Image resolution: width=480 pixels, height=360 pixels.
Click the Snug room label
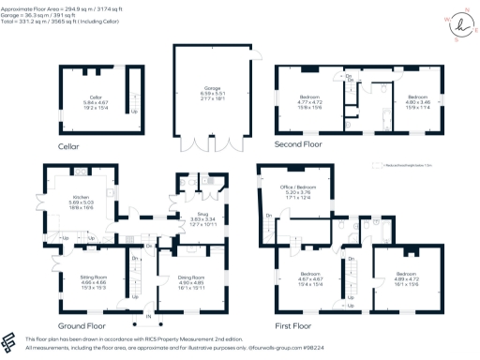tap(191, 214)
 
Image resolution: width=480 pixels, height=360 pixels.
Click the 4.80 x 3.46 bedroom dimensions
tap(417, 101)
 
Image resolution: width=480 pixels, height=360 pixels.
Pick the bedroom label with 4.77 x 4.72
tap(310, 101)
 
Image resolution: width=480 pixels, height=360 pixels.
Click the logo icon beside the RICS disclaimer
tap(10, 342)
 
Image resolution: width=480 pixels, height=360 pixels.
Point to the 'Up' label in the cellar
tap(106, 112)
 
